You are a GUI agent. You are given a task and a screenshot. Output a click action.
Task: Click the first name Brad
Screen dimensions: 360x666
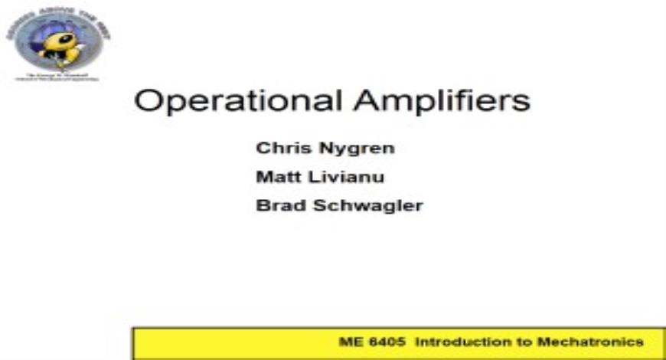pos(276,205)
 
